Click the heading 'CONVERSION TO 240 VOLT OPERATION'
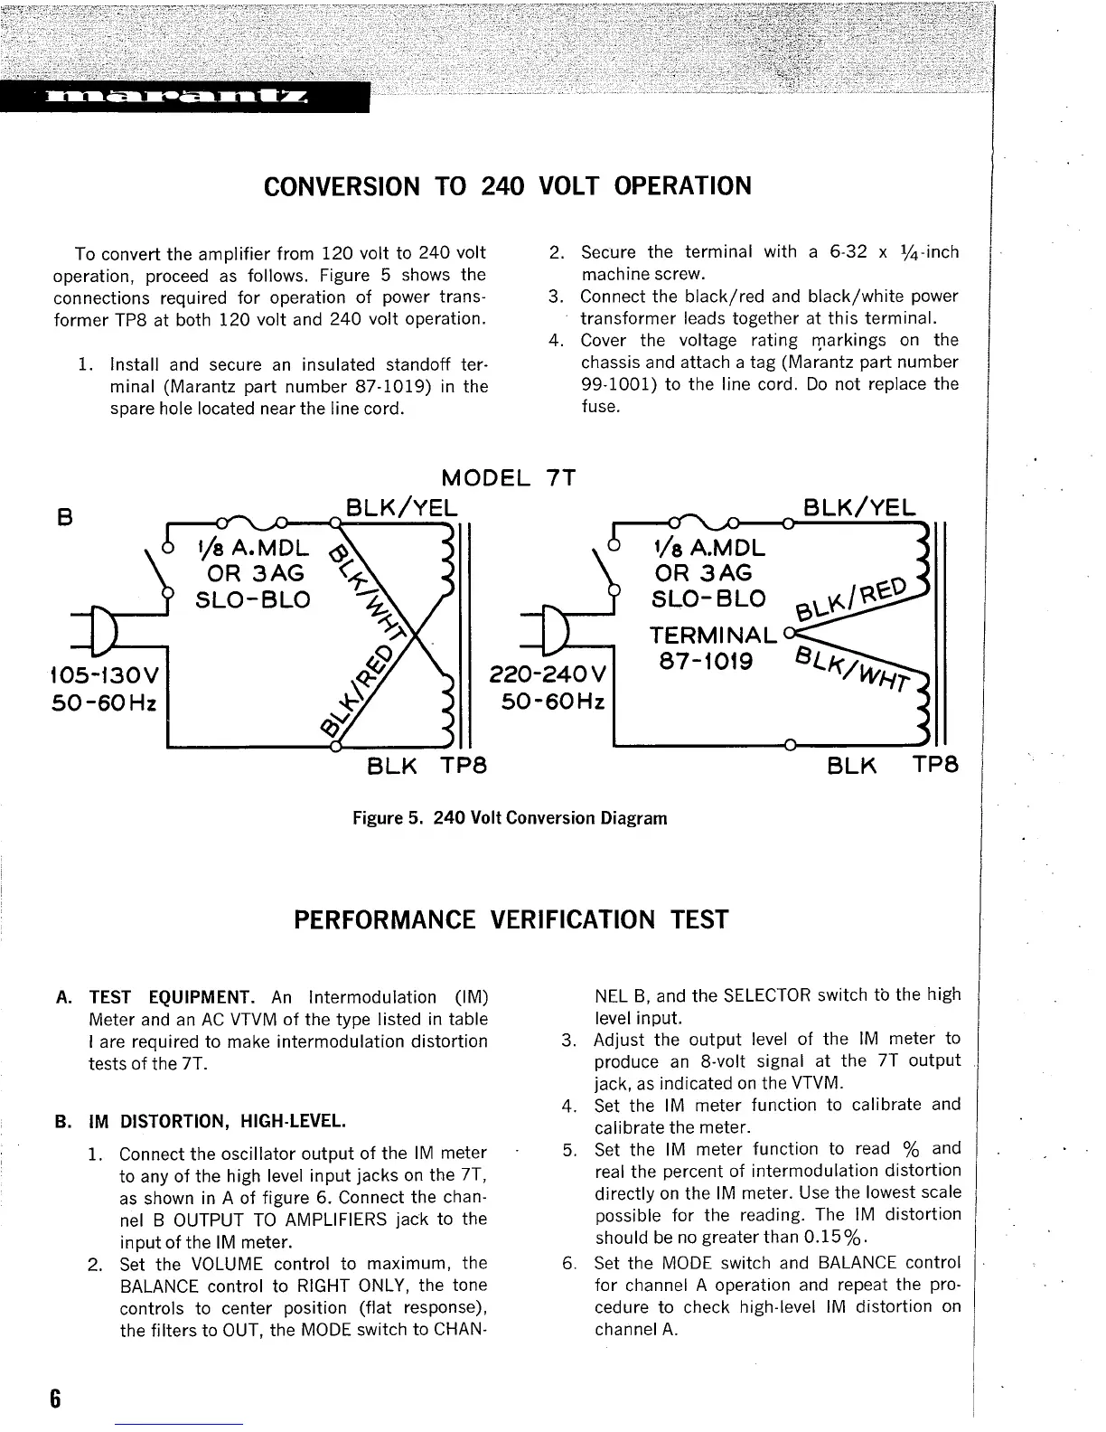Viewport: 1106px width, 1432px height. pos(507,186)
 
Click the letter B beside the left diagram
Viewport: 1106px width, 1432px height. pos(63,518)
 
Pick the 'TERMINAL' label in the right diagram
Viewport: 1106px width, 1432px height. pos(714,635)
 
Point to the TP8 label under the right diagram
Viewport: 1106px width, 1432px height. pos(934,766)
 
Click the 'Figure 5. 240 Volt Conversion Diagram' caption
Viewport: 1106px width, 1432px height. pos(509,818)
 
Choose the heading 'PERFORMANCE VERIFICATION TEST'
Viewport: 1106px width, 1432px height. pos(511,920)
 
